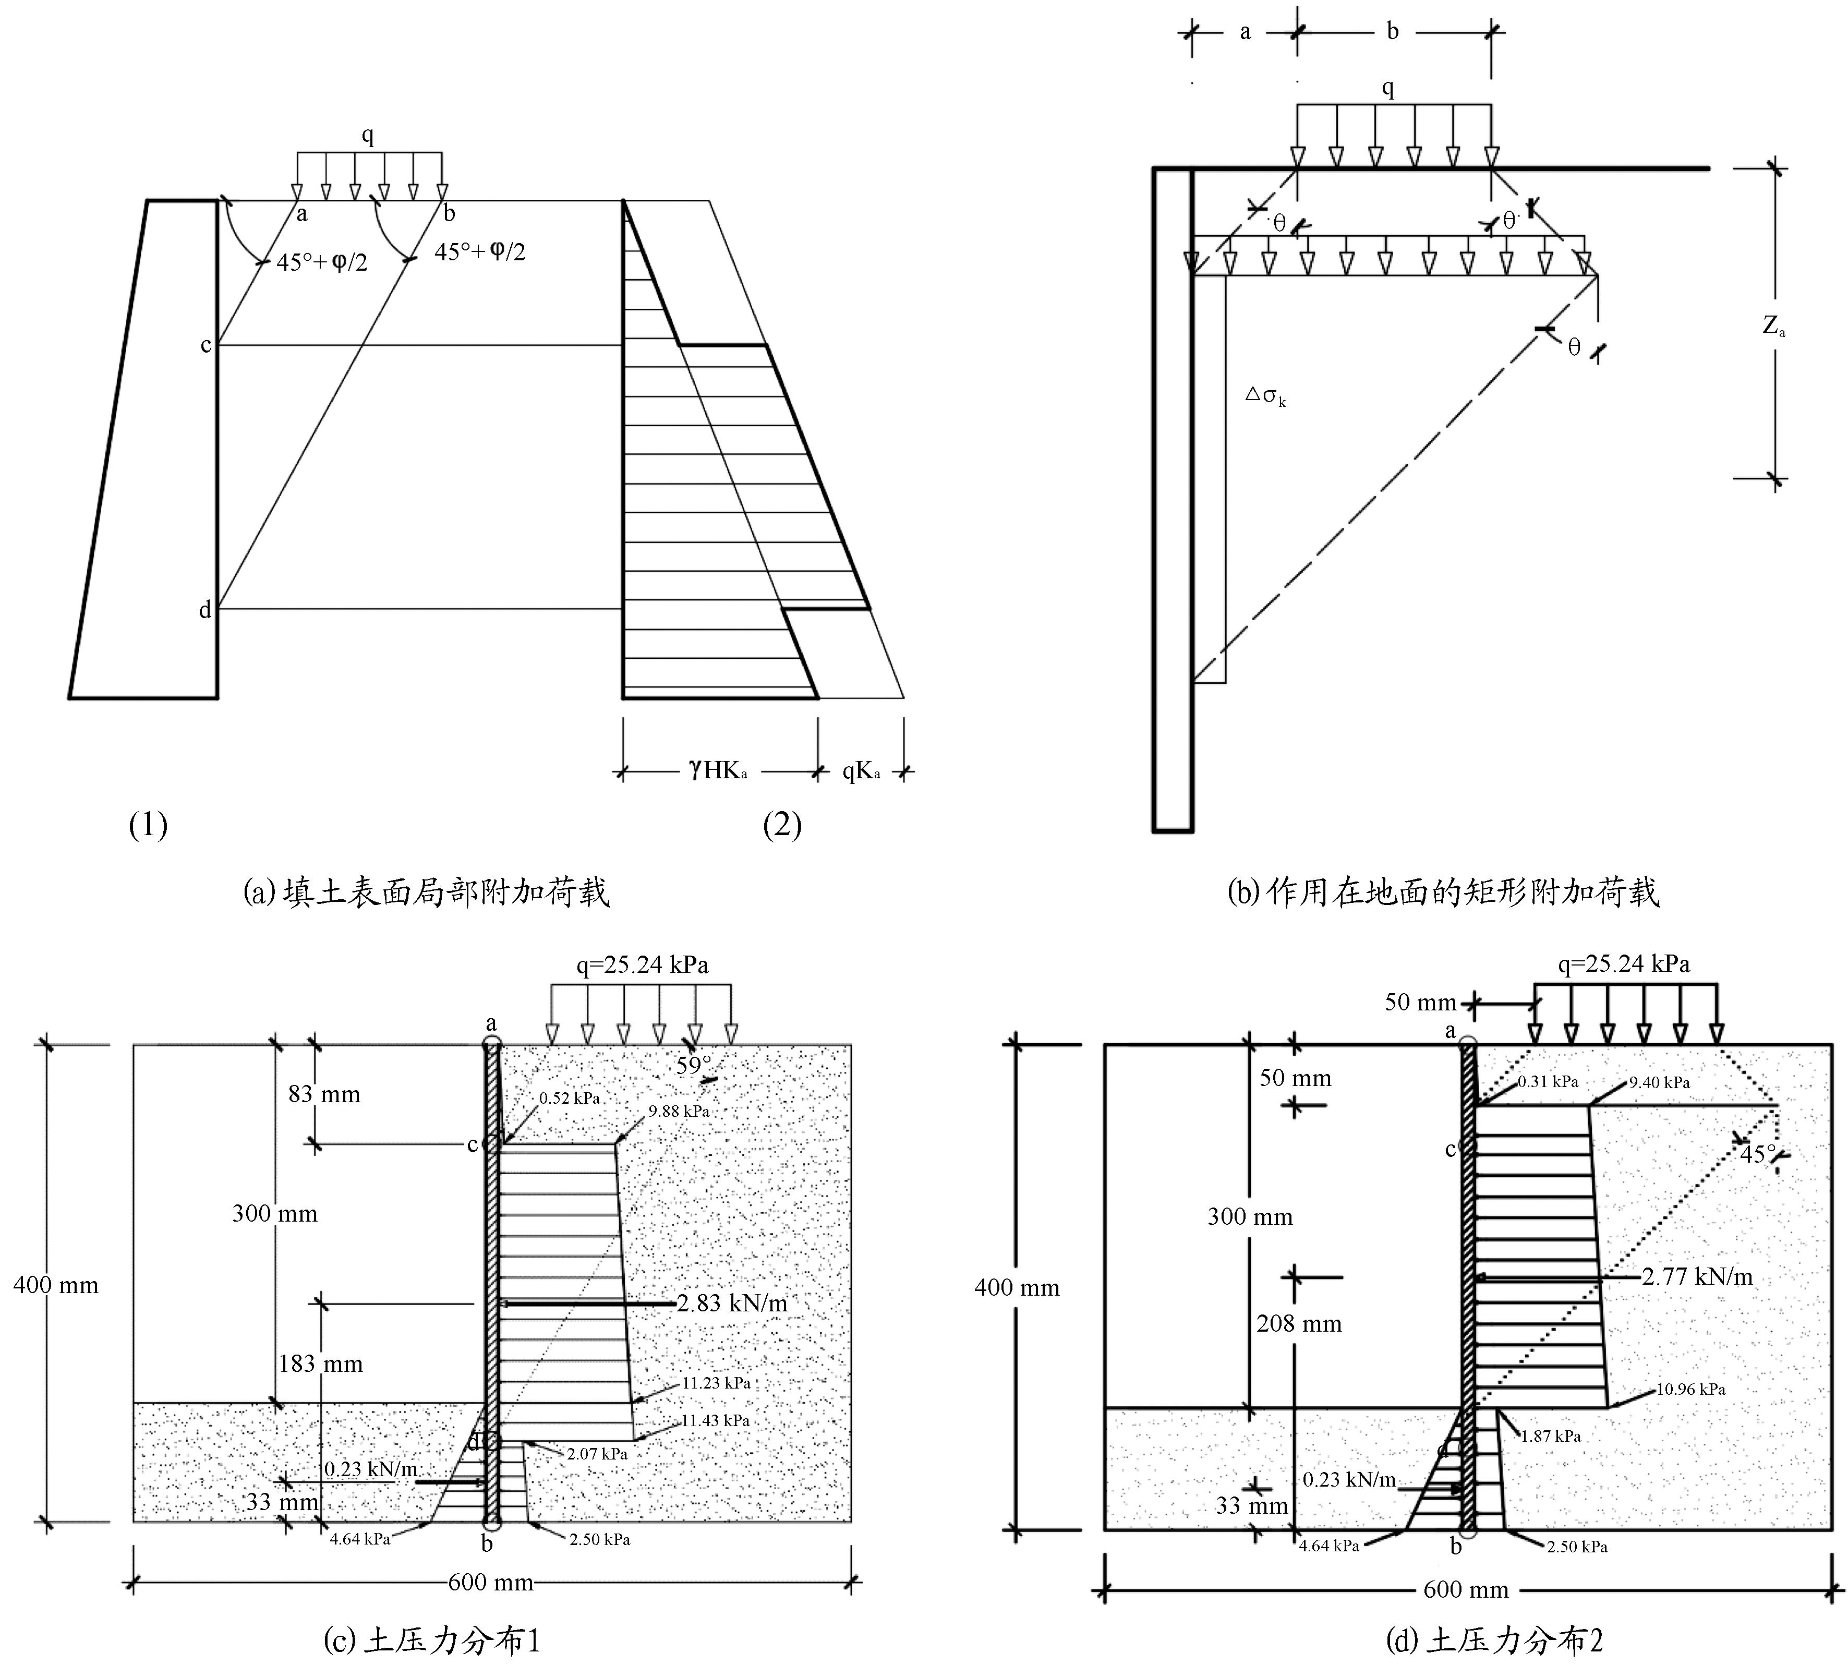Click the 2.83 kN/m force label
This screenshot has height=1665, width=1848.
tap(732, 1302)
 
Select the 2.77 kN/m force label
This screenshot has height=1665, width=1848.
tap(1697, 1276)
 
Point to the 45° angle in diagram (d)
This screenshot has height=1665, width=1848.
tap(1757, 1154)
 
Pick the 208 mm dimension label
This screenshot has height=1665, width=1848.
tap(1298, 1324)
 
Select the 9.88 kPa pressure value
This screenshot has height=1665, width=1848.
tap(679, 1112)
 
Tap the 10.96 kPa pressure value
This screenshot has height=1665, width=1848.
tap(1690, 1390)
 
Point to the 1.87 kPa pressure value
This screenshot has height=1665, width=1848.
tap(1551, 1437)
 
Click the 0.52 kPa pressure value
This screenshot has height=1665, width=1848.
tap(569, 1098)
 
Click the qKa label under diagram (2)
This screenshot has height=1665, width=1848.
tap(861, 771)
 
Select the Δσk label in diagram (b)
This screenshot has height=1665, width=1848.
tap(1266, 396)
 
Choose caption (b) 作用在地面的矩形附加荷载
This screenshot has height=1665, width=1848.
tap(1443, 892)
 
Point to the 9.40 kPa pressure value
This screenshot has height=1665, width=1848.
tap(1659, 1082)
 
